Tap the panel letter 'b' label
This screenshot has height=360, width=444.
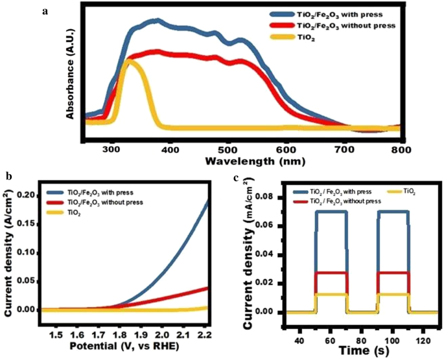click(x=6, y=175)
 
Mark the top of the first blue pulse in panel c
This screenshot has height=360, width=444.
click(x=331, y=212)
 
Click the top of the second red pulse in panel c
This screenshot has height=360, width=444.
click(x=393, y=273)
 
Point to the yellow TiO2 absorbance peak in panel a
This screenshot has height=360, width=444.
click(x=132, y=62)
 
